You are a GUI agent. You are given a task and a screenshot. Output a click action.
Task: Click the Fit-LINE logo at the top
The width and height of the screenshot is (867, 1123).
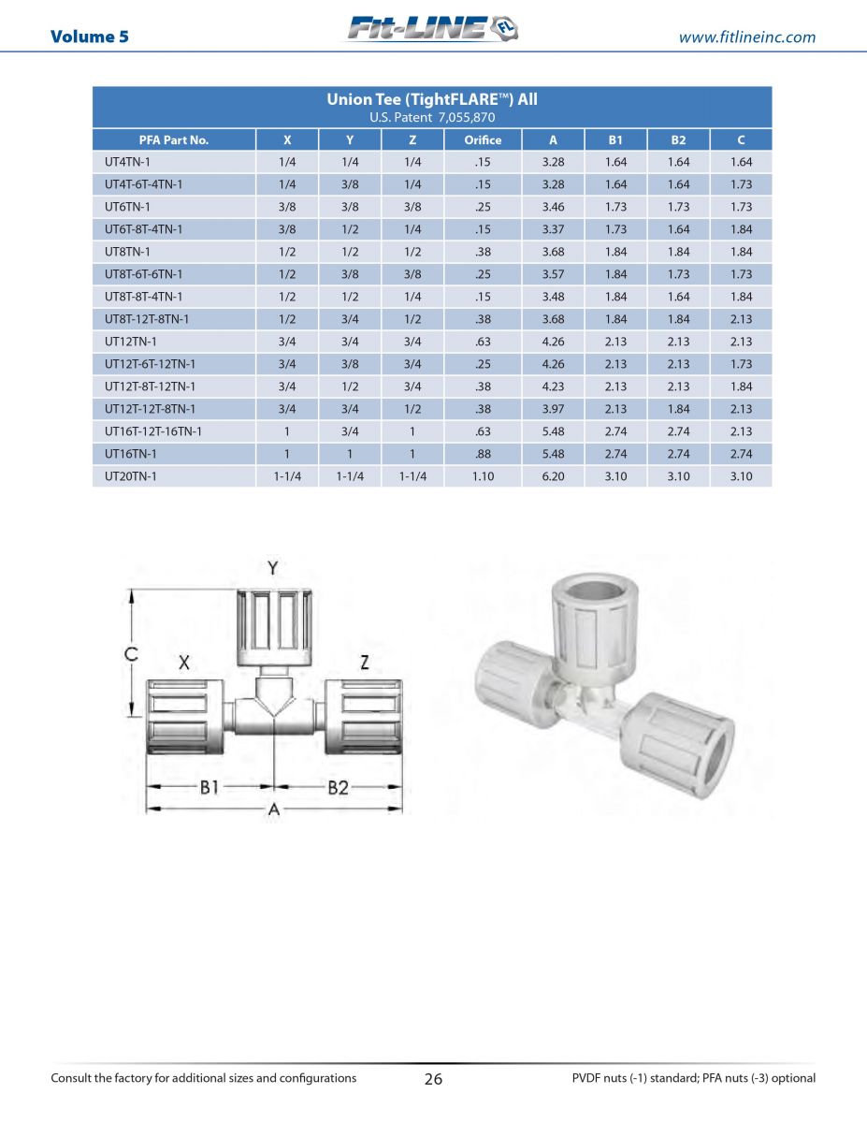pos(433,28)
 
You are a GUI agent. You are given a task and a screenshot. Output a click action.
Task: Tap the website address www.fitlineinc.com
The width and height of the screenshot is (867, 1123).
pos(746,37)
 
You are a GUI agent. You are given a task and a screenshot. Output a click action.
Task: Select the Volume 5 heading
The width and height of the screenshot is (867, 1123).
pos(90,36)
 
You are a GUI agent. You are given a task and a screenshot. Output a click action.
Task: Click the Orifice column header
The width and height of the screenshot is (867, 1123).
pos(483,140)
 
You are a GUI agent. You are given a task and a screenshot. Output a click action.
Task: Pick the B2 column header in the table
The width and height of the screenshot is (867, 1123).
pos(678,140)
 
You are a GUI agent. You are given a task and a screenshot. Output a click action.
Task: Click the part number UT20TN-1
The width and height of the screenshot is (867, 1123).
pos(131,476)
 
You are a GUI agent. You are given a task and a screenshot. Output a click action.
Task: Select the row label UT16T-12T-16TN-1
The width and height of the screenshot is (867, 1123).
pos(152,431)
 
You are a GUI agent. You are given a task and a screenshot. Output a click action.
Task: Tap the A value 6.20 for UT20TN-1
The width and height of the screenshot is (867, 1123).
pos(553,476)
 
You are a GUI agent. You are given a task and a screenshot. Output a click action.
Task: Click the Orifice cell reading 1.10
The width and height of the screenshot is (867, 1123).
pos(483,476)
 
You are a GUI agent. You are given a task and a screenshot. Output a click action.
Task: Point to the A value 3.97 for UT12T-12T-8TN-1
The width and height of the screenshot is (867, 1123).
pos(553,409)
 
